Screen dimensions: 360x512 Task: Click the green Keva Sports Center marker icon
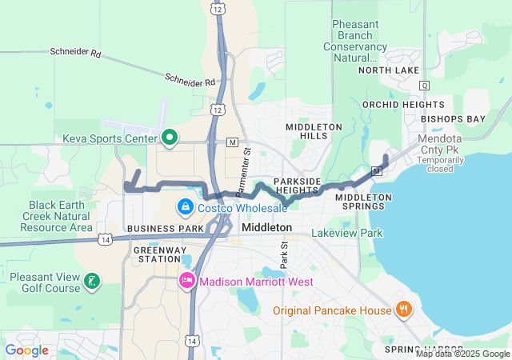(169, 138)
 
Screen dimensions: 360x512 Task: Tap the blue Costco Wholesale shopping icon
(186, 208)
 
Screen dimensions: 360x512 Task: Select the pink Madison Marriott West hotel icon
(186, 281)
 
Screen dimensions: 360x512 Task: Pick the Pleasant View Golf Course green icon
(93, 281)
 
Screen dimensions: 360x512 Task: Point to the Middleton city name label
(266, 228)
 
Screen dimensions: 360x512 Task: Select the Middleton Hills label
(314, 132)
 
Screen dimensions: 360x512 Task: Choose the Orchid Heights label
(391, 105)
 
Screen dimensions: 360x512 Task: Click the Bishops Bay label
(454, 119)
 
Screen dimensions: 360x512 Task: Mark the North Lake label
(388, 70)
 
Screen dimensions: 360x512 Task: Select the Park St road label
(283, 256)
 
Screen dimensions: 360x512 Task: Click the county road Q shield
(424, 85)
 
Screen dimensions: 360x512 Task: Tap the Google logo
(26, 350)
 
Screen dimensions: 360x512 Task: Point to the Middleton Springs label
(363, 202)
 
